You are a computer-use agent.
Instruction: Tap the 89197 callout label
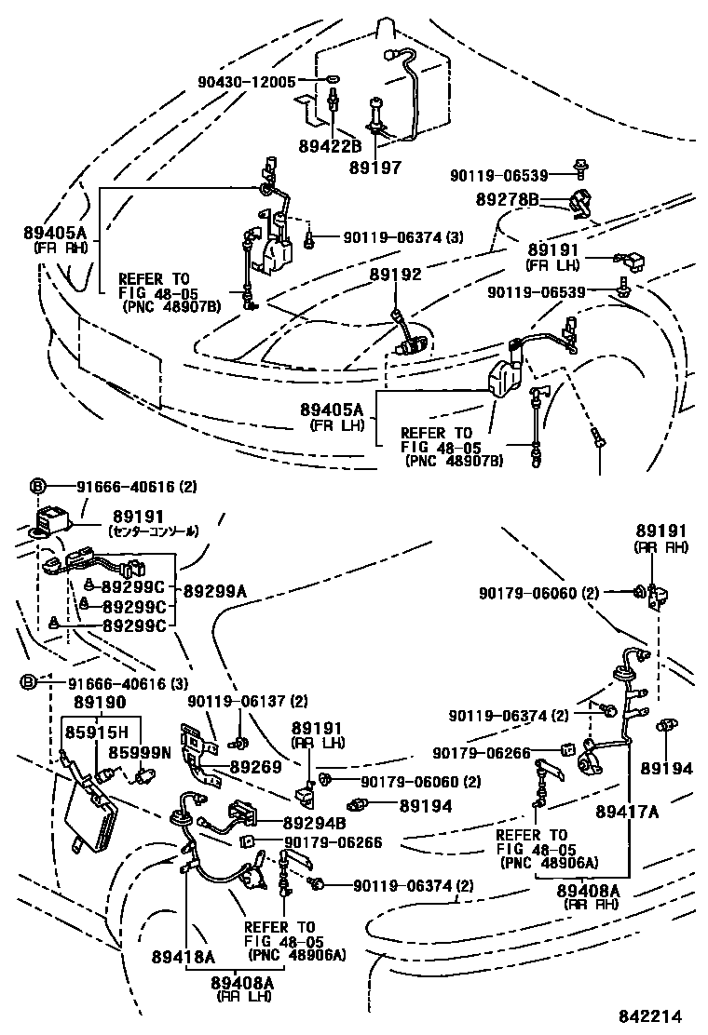[x=375, y=168]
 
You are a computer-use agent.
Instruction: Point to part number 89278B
[x=508, y=199]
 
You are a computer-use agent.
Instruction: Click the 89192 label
[x=395, y=275]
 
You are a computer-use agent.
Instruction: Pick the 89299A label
[x=215, y=590]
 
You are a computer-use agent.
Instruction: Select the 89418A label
[x=184, y=956]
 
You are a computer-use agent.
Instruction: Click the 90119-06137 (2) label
[x=248, y=701]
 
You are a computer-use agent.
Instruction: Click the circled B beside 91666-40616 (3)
[x=29, y=682]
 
